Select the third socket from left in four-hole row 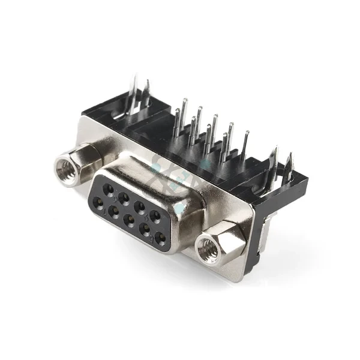[140, 203]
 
